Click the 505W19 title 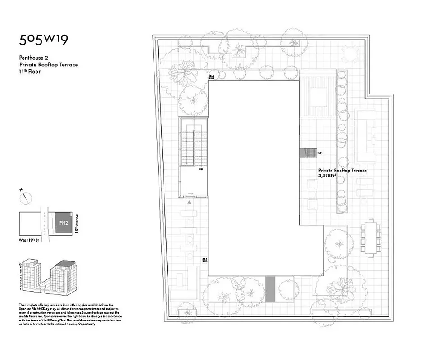[x=43, y=40]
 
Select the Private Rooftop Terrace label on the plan [x=342, y=171]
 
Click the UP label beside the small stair [x=320, y=153]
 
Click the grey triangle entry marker [x=190, y=203]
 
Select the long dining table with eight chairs [x=370, y=237]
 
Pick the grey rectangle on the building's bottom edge [x=270, y=287]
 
